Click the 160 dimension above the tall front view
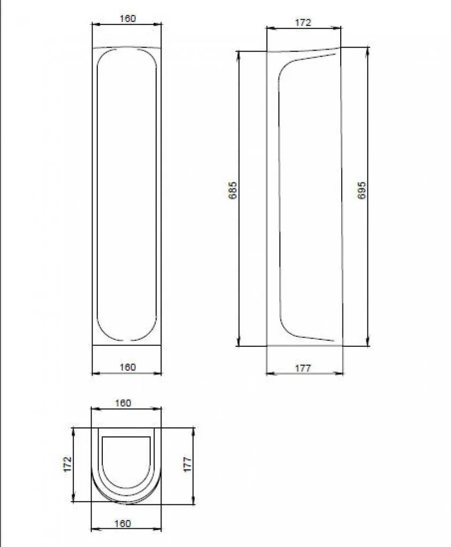point(127,19)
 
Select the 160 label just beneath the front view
point(127,368)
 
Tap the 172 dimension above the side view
point(303,22)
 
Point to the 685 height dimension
point(233,190)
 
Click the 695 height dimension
point(362,190)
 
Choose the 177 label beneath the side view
point(303,368)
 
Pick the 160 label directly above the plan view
point(123,403)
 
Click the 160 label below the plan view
point(123,523)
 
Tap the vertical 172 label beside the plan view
point(67,464)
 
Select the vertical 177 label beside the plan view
point(188,464)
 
